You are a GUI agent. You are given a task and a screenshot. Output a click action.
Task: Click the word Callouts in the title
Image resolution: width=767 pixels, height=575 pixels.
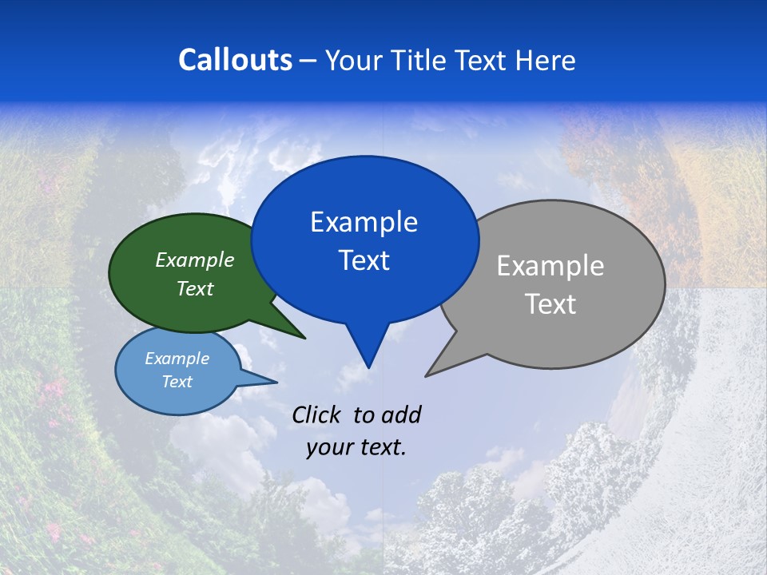click(235, 60)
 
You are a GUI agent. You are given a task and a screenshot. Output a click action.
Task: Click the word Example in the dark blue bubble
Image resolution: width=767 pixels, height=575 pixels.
click(364, 221)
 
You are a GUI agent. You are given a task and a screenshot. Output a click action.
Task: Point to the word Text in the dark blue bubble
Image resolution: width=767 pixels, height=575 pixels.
click(364, 260)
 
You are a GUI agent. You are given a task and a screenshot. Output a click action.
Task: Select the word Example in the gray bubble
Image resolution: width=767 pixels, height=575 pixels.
click(550, 265)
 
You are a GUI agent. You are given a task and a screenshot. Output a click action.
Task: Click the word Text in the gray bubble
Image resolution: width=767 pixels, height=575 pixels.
click(550, 303)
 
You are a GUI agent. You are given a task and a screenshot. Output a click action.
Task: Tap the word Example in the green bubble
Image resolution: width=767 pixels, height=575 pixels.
click(195, 260)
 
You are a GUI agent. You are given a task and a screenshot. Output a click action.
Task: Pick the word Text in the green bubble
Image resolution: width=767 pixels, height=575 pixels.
click(195, 288)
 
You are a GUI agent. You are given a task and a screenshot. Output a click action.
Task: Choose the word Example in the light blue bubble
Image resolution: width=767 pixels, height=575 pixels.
click(177, 359)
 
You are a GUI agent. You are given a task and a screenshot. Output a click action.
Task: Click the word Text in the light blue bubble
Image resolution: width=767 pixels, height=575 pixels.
click(177, 382)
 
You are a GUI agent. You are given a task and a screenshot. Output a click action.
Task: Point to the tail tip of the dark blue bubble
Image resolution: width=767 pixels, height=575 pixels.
click(368, 367)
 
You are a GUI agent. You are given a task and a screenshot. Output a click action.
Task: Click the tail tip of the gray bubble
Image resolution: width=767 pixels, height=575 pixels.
click(427, 375)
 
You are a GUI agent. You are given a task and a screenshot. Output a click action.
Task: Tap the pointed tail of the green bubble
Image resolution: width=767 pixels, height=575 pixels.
click(304, 338)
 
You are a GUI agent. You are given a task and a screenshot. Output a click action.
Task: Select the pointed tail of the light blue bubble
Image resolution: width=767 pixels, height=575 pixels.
click(276, 382)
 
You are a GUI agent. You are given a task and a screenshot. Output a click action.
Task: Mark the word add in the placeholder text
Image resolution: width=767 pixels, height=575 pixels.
click(402, 414)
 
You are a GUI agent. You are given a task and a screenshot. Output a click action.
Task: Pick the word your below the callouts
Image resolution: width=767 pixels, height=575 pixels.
click(328, 447)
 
